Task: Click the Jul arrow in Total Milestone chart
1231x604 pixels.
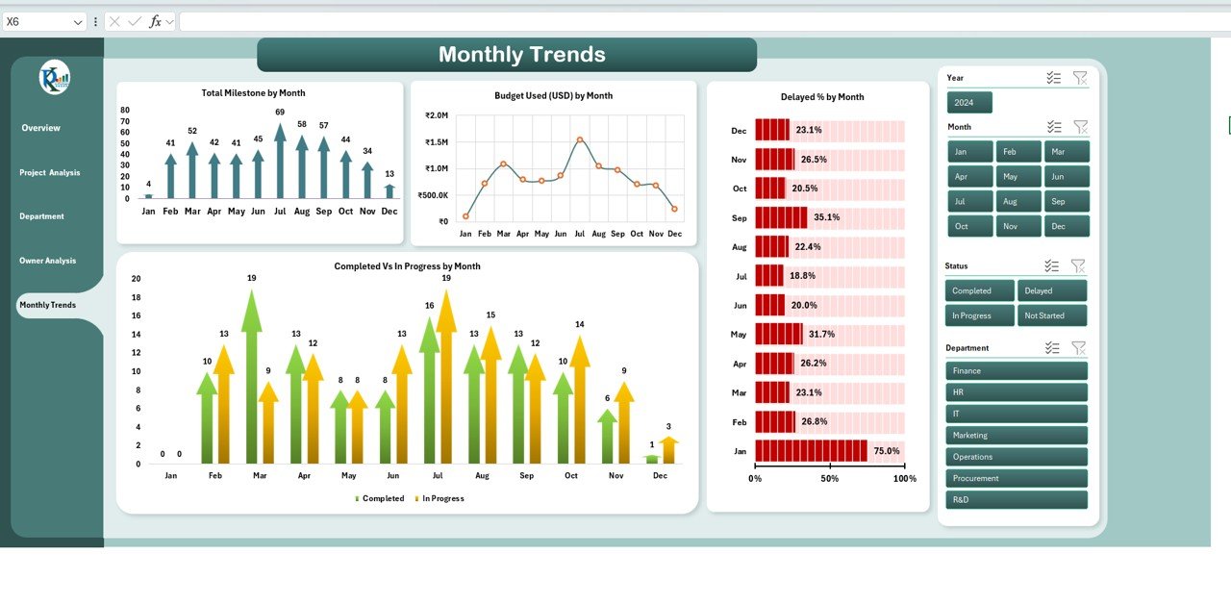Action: coord(280,164)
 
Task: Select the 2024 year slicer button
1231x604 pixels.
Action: coord(968,103)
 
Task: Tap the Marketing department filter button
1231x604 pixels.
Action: coord(1016,436)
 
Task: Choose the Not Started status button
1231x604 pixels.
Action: coord(1052,315)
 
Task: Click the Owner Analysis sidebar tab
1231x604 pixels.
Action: coord(48,261)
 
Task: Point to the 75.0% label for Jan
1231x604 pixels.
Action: coord(886,450)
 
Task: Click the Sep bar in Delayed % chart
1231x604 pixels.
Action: coord(781,217)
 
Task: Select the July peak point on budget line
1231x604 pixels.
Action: coord(580,139)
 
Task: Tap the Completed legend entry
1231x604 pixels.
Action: coord(380,498)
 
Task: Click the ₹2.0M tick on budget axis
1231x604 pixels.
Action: coord(436,115)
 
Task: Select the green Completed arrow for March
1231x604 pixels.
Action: coord(252,380)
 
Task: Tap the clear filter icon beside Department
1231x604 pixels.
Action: coord(1078,348)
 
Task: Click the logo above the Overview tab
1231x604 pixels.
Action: coord(54,77)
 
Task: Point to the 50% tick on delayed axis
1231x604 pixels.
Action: coord(829,478)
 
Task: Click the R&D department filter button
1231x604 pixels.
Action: coord(1016,500)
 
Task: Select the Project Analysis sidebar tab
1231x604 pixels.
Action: coord(50,173)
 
